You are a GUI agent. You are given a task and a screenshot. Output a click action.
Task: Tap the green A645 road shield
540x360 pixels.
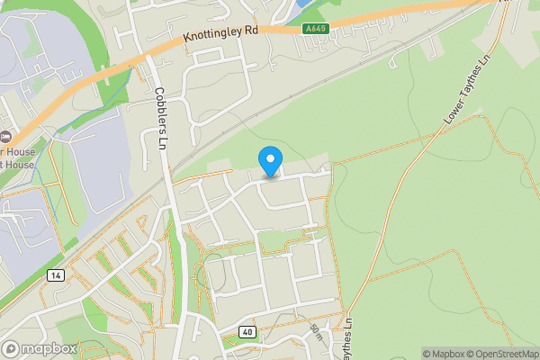[x=315, y=29]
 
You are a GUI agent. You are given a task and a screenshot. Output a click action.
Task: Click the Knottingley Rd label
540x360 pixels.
[x=220, y=35]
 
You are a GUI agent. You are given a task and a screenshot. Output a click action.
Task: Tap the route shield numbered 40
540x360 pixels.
[x=247, y=332]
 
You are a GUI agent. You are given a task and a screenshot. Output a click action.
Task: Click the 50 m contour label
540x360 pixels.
[x=315, y=332]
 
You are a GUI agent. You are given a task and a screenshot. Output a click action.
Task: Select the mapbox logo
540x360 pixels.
[x=39, y=348]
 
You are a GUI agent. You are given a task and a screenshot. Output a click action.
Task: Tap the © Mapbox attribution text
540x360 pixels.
[x=442, y=354]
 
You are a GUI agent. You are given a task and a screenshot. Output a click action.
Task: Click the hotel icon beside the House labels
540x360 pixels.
[x=4, y=136]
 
